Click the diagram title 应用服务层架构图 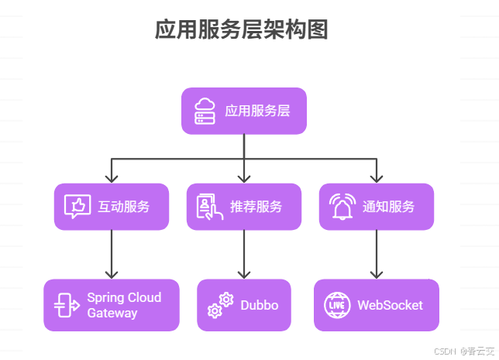point(242,30)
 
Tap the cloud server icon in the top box point(205,111)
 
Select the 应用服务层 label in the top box point(257,111)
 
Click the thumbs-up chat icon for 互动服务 point(77,207)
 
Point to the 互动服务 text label point(124,207)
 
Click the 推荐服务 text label point(256,207)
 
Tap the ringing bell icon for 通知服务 point(342,207)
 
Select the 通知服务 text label point(389,207)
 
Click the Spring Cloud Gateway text point(124,305)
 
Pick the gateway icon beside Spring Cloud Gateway point(67,305)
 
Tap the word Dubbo point(260,305)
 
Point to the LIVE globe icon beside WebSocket point(337,305)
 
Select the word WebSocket point(390,305)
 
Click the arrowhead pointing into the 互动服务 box point(112,177)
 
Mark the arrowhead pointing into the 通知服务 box point(377,177)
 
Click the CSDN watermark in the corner point(463,351)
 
